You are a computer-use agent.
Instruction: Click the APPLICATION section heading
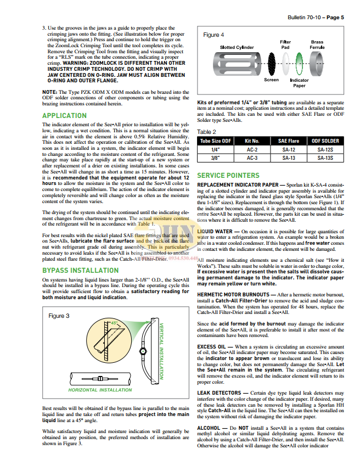pyautogui.click(x=64, y=116)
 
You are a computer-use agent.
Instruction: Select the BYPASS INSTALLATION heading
pyautogui.click(x=80, y=271)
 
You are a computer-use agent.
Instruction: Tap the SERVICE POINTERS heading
pyautogui.click(x=228, y=175)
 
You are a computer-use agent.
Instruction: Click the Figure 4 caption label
pyautogui.click(x=213, y=35)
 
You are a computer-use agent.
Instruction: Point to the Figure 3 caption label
pyautogui.click(x=59, y=316)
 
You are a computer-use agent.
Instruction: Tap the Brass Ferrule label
pyautogui.click(x=317, y=44)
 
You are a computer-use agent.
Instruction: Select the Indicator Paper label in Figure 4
pyautogui.click(x=299, y=83)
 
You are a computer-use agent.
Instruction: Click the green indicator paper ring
pyautogui.click(x=300, y=61)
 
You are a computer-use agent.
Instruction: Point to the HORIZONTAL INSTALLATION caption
pyautogui.click(x=108, y=390)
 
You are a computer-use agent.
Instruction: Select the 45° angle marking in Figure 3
pyautogui.click(x=115, y=323)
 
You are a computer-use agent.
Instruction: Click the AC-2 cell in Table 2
pyautogui.click(x=252, y=150)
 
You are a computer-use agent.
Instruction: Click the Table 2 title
pyautogui.click(x=207, y=132)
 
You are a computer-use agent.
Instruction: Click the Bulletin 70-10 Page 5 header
pyautogui.click(x=315, y=18)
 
